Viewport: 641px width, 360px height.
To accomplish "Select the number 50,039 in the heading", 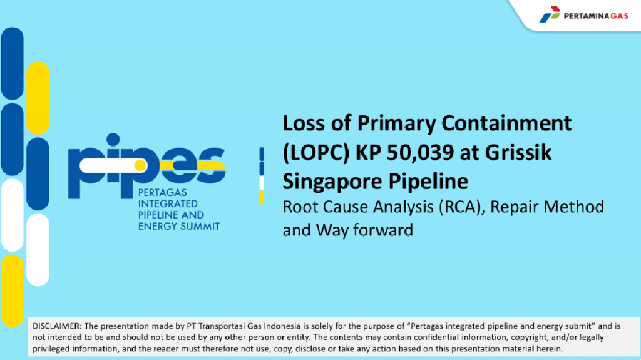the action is pos(420,153).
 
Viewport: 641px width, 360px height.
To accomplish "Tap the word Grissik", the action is pos(518,152).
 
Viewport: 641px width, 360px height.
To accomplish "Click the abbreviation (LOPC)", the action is pos(316,153).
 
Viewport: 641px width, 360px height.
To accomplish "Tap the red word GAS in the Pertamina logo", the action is pos(619,16).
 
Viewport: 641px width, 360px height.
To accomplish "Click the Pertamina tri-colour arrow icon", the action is pos(550,14).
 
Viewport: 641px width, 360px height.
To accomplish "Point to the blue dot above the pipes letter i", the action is pos(113,140).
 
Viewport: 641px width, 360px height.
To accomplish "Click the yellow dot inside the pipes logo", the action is pos(140,165).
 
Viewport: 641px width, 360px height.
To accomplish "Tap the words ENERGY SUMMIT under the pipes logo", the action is pos(178,226).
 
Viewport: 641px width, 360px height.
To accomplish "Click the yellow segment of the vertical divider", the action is pos(262,198).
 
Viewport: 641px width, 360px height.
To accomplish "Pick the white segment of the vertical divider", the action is pos(262,183).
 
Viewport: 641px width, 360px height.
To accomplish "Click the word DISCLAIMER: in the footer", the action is pos(57,326).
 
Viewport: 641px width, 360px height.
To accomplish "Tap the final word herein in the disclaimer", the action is pos(550,349).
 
